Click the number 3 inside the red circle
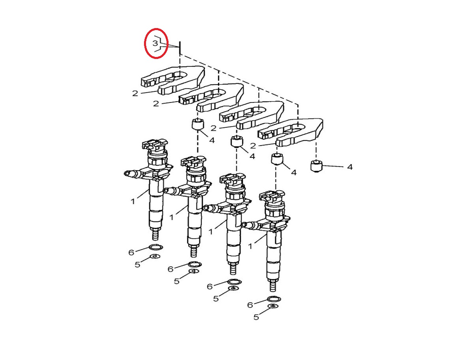click(155, 43)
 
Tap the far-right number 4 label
click(349, 167)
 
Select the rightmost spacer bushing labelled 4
click(316, 166)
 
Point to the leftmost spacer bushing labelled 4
click(198, 124)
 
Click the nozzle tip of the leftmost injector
click(155, 235)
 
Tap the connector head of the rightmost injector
click(272, 197)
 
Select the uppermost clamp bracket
click(173, 80)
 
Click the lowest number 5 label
click(256, 317)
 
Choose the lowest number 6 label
click(250, 305)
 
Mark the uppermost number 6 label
click(131, 252)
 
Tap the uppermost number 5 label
click(138, 265)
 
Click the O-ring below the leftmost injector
click(155, 247)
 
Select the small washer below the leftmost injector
click(155, 256)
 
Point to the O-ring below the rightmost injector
click(274, 299)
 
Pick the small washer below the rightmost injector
click(273, 306)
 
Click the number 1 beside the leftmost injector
click(133, 201)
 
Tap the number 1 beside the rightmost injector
click(250, 246)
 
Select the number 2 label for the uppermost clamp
click(135, 93)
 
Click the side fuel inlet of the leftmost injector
click(133, 174)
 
